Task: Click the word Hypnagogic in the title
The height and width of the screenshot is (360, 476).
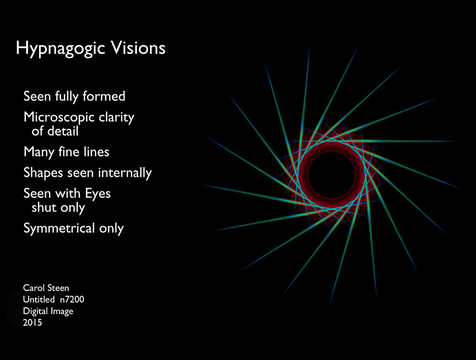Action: tap(60, 49)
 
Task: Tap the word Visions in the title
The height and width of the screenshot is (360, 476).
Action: tap(138, 48)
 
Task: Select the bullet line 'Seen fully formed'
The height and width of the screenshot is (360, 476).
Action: tap(74, 97)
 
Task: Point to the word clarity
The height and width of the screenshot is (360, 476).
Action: tap(117, 118)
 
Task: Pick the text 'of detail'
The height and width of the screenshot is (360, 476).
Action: tap(55, 131)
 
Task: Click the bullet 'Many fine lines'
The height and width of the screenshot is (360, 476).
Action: tap(67, 152)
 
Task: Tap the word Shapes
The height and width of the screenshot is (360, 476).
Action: tap(43, 173)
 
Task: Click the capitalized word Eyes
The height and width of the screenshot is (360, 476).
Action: tap(98, 194)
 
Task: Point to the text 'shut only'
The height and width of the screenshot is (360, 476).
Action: tap(58, 208)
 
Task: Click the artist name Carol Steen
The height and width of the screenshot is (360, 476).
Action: tap(46, 288)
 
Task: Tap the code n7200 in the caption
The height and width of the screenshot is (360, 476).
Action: tap(72, 300)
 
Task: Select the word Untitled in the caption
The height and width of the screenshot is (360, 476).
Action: tap(39, 300)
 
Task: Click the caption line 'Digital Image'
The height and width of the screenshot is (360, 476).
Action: tap(48, 311)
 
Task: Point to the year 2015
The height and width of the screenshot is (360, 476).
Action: tap(32, 322)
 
